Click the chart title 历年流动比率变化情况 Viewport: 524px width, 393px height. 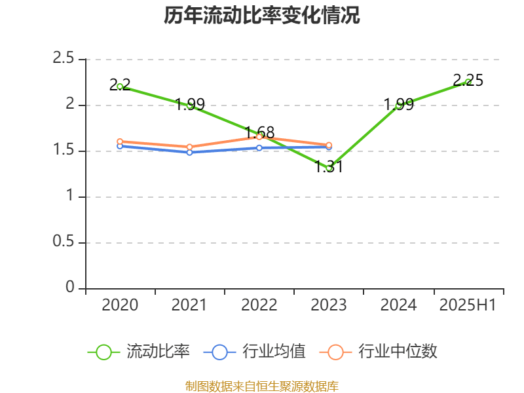point(262,16)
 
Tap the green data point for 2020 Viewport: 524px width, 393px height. point(120,86)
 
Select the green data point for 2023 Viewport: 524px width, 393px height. point(329,168)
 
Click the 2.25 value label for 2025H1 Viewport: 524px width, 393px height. point(468,81)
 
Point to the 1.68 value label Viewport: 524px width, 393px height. point(259,132)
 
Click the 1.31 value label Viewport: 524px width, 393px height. point(329,167)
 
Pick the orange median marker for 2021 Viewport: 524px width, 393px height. point(189,147)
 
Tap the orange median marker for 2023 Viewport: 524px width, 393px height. point(329,145)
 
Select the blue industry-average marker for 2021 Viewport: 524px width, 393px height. point(189,153)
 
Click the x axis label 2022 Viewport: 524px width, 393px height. point(259,305)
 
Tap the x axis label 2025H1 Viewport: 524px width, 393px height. point(468,305)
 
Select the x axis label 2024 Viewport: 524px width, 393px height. point(398,305)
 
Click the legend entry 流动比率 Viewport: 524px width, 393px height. point(157,352)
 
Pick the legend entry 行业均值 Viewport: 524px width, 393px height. point(273,352)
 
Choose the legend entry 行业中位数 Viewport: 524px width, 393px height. point(397,352)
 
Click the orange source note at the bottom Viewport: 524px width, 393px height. point(262,386)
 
